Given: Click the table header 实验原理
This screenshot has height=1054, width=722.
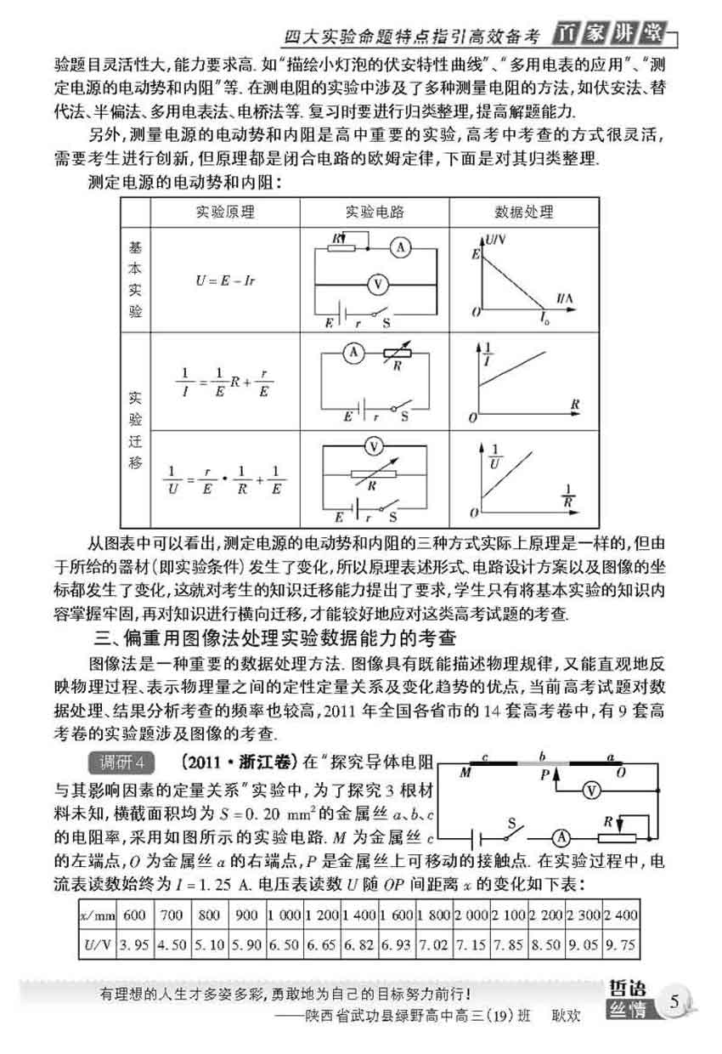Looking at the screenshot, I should (225, 212).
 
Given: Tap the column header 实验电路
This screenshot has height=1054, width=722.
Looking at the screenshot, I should (375, 212).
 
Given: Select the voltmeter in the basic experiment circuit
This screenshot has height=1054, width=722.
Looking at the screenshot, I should (381, 285).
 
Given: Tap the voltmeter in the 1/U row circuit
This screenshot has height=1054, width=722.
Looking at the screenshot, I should (370, 446).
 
